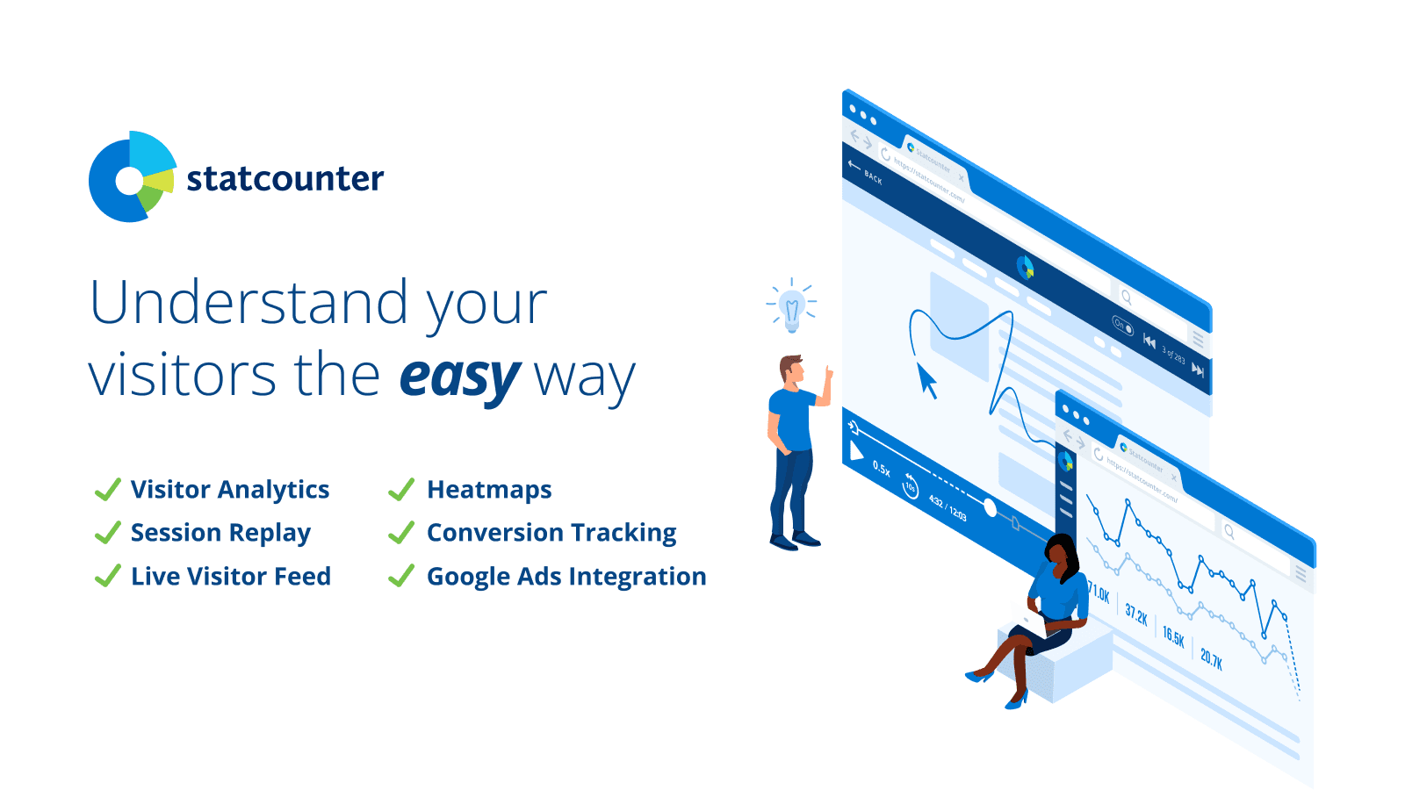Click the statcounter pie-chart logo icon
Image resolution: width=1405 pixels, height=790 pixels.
click(x=132, y=177)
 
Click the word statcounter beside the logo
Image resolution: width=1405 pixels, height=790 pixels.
click(x=285, y=179)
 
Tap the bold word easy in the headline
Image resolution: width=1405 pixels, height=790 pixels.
click(x=459, y=377)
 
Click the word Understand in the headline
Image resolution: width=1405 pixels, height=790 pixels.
click(x=249, y=303)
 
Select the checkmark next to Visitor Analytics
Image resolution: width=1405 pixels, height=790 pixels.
click(x=107, y=489)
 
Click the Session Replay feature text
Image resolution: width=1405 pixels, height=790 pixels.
click(x=220, y=533)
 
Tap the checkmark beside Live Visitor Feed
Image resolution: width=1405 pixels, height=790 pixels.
click(x=107, y=576)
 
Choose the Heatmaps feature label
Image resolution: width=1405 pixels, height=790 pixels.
click(x=489, y=489)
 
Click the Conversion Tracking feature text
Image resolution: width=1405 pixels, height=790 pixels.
click(x=551, y=533)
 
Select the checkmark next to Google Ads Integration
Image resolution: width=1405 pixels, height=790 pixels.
click(x=401, y=576)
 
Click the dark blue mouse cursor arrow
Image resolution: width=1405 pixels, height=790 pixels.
click(x=926, y=382)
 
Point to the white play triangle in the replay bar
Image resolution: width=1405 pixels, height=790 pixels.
click(x=856, y=451)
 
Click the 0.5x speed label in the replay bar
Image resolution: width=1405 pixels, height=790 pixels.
click(x=882, y=469)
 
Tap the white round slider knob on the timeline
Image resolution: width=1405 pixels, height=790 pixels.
click(x=991, y=507)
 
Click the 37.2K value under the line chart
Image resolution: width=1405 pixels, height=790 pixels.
click(x=1136, y=614)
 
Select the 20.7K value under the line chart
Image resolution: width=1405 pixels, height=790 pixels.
click(x=1212, y=657)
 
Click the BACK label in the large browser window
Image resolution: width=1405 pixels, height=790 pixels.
click(x=872, y=178)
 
